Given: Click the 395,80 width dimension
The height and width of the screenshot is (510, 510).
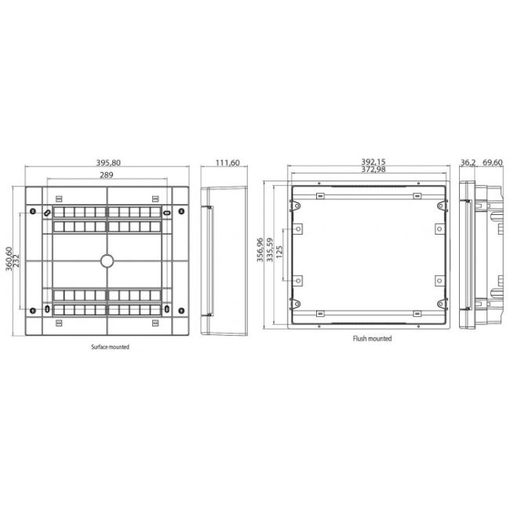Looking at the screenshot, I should pyautogui.click(x=107, y=163).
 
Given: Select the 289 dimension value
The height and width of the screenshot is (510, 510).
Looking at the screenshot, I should pyautogui.click(x=107, y=175).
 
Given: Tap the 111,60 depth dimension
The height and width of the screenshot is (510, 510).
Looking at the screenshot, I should pyautogui.click(x=227, y=163).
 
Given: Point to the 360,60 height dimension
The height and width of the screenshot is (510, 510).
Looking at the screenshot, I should pyautogui.click(x=9, y=260).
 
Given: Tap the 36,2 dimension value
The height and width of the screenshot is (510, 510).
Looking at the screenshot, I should pyautogui.click(x=468, y=163).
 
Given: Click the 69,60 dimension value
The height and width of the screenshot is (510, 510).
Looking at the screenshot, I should pyautogui.click(x=492, y=163).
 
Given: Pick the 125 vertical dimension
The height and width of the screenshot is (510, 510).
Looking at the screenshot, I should pyautogui.click(x=279, y=253).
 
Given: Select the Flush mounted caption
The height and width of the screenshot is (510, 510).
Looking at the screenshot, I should pyautogui.click(x=372, y=339).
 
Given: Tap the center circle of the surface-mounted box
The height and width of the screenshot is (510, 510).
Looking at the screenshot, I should pyautogui.click(x=106, y=260).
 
